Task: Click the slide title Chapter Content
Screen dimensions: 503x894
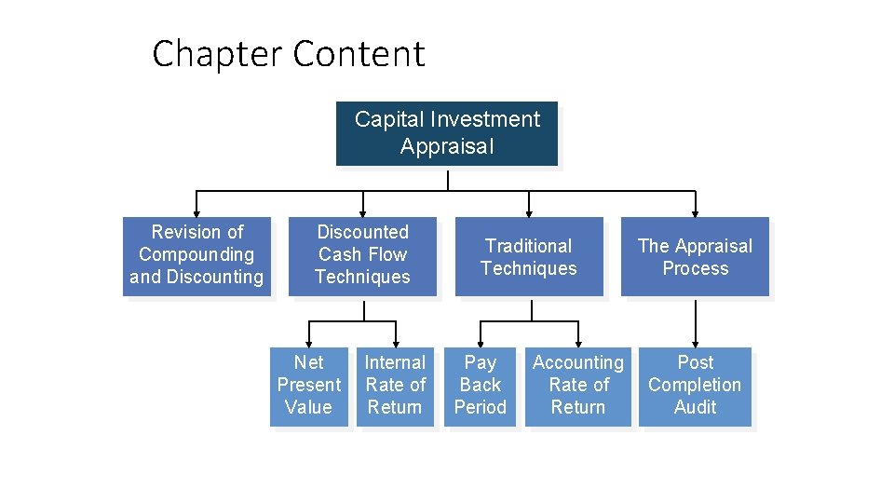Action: pyautogui.click(x=288, y=54)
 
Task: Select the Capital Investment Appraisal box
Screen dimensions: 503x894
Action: pyautogui.click(x=446, y=133)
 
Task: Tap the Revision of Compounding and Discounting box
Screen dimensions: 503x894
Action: pyautogui.click(x=196, y=256)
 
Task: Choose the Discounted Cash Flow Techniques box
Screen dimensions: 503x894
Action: pyautogui.click(x=362, y=256)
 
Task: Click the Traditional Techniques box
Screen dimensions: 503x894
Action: pyautogui.click(x=528, y=257)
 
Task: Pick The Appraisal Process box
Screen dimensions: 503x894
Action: pyautogui.click(x=695, y=257)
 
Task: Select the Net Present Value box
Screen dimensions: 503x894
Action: pyautogui.click(x=308, y=387)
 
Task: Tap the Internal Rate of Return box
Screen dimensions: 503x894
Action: pyautogui.click(x=395, y=387)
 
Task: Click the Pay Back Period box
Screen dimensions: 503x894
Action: pyautogui.click(x=480, y=387)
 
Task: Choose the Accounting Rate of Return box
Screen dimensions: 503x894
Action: pyautogui.click(x=577, y=387)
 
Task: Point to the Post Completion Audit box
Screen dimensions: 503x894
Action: pyautogui.click(x=695, y=387)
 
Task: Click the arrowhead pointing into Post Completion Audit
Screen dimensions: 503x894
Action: pyautogui.click(x=695, y=343)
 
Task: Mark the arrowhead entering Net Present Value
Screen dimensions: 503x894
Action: pyautogui.click(x=308, y=343)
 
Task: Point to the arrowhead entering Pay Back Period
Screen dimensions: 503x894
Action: pyautogui.click(x=480, y=343)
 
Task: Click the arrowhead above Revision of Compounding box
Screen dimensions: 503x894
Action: pyautogui.click(x=196, y=212)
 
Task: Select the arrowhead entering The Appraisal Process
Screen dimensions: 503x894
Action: pyautogui.click(x=695, y=212)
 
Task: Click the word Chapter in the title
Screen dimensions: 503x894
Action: pyautogui.click(x=217, y=54)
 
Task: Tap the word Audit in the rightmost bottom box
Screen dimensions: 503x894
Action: pyautogui.click(x=695, y=407)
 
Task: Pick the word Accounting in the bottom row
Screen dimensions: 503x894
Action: pyautogui.click(x=577, y=362)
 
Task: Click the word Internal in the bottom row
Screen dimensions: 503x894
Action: pyautogui.click(x=395, y=362)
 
